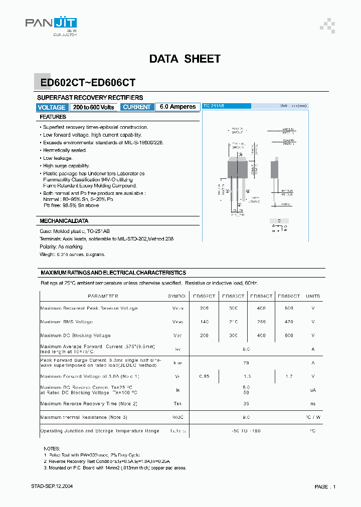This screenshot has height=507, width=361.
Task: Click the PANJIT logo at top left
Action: pyautogui.click(x=51, y=24)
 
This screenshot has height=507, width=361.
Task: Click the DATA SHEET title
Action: pyautogui.click(x=185, y=59)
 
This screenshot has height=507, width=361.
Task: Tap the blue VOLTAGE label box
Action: pyautogui.click(x=52, y=107)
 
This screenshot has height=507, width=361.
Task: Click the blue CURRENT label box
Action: pyautogui.click(x=136, y=107)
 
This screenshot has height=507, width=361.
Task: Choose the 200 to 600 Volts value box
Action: pyautogui.click(x=94, y=107)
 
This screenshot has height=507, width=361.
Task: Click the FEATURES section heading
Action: pyautogui.click(x=53, y=117)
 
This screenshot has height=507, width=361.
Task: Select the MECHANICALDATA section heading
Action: pyautogui.click(x=64, y=221)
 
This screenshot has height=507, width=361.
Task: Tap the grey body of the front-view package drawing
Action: pyautogui.click(x=238, y=168)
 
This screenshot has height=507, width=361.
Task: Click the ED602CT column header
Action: pyautogui.click(x=204, y=296)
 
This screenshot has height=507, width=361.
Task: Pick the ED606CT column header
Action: pyautogui.click(x=289, y=296)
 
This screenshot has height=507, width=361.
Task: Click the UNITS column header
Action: pyautogui.click(x=313, y=296)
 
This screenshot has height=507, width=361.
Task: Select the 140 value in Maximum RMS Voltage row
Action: pyautogui.click(x=204, y=322)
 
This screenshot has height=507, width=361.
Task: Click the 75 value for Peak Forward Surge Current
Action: pyautogui.click(x=246, y=363)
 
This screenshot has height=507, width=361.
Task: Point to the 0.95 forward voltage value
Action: pyautogui.click(x=204, y=376)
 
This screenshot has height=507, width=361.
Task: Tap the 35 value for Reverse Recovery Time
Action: pyautogui.click(x=246, y=403)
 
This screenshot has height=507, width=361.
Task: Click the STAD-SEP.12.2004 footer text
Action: pyautogui.click(x=52, y=486)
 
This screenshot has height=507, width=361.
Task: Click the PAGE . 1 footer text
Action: pyautogui.click(x=325, y=486)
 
